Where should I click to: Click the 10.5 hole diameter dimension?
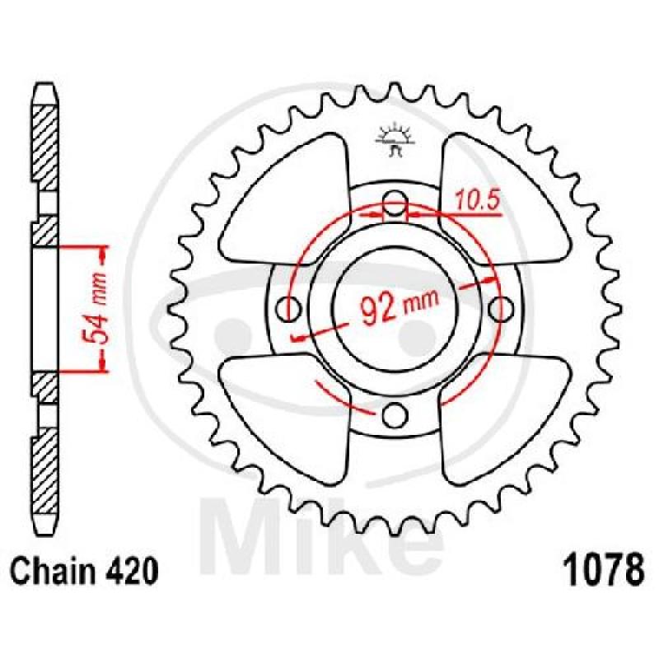point(478,200)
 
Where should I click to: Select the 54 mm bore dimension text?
point(93,309)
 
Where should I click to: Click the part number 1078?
point(603,569)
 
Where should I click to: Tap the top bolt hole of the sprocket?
point(395,202)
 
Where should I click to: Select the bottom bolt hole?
point(395,414)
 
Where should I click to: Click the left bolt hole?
point(289,309)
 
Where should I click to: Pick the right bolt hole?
point(502,309)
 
